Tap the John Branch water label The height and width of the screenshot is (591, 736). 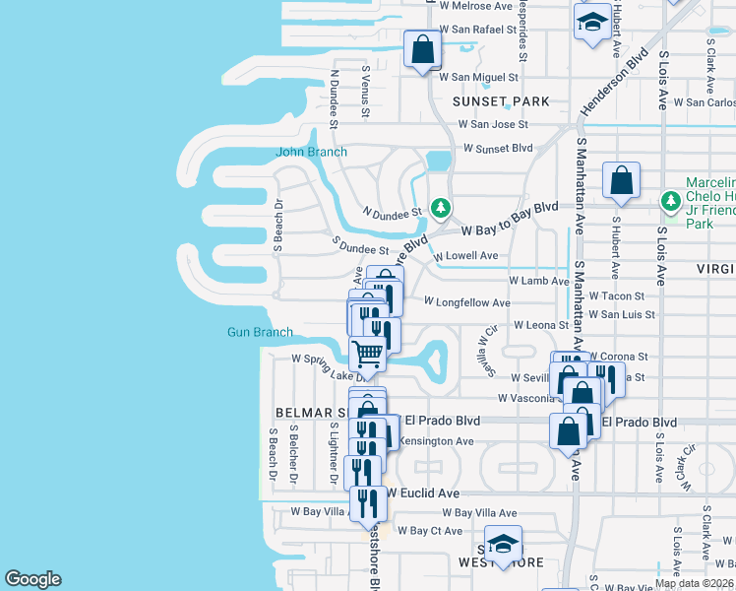(311, 152)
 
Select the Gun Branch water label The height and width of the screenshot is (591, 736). (260, 332)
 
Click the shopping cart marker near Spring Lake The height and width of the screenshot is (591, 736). (368, 352)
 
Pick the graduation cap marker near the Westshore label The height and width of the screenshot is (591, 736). (503, 545)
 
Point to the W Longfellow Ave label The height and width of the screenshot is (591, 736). (466, 302)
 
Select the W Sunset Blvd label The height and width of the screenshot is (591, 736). (497, 149)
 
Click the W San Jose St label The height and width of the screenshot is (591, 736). (494, 125)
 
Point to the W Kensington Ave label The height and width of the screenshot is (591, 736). (436, 441)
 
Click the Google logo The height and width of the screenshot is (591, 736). (32, 579)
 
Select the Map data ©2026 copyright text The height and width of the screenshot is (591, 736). (694, 583)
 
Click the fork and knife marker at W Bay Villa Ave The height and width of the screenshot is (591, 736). (369, 503)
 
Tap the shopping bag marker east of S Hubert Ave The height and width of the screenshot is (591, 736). (622, 180)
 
